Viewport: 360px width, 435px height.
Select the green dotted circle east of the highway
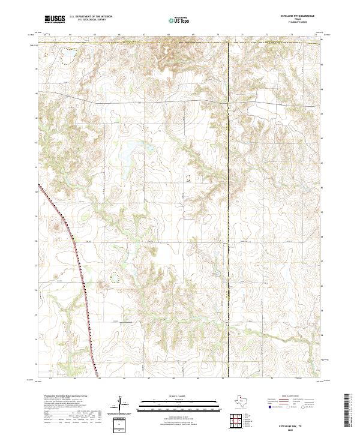point(114,277)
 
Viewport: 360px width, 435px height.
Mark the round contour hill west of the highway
point(57,226)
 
